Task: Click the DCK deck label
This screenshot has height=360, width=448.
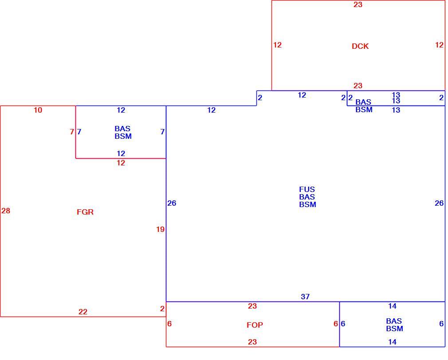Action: coord(360,46)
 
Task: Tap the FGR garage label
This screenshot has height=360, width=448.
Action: coord(85,212)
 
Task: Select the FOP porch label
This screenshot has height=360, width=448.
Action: coord(255,325)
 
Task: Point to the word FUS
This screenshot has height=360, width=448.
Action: coord(307,189)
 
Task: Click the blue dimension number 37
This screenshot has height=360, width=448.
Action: coord(305,297)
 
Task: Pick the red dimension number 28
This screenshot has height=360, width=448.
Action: coord(6,211)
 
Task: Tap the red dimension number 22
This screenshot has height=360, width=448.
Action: coord(83,312)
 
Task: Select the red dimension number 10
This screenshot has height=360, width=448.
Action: coord(38,110)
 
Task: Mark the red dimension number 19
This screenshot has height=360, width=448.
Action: coord(160,229)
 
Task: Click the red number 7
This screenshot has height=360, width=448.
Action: coord(72,132)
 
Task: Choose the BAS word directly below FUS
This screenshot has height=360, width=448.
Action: coord(307,197)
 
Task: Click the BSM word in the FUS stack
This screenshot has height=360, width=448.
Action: coord(307,204)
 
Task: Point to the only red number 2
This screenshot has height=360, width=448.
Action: coord(162,309)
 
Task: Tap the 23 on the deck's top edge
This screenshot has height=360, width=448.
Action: coord(358,4)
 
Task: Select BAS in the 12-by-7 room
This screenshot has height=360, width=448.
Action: coord(122,129)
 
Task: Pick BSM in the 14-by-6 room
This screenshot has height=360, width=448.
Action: coord(395,329)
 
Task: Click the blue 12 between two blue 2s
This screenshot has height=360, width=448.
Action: coord(302,95)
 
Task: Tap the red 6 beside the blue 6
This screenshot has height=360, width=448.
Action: coord(336,324)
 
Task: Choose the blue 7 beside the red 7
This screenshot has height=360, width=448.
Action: coord(79,132)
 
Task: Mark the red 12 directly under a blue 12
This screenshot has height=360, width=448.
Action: coord(121,163)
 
